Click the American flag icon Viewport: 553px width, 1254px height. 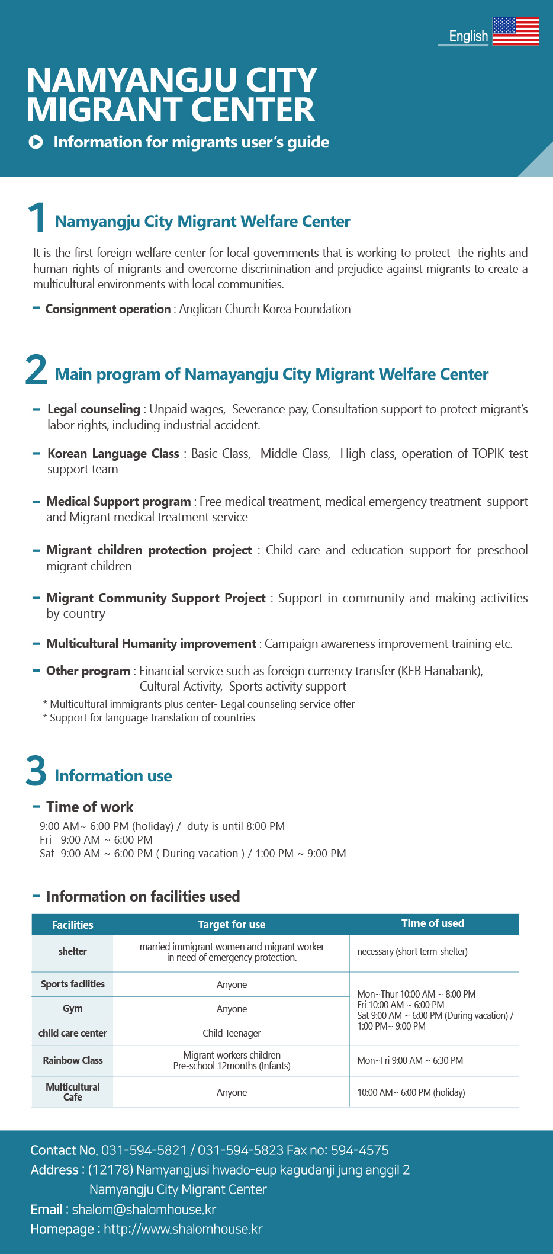pyautogui.click(x=515, y=31)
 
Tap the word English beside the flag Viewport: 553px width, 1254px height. pyautogui.click(x=468, y=36)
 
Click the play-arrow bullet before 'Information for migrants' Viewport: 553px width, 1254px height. pyautogui.click(x=36, y=142)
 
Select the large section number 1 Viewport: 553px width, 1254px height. pyautogui.click(x=37, y=217)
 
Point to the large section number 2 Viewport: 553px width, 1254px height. pyautogui.click(x=36, y=370)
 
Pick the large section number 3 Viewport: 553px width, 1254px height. pyautogui.click(x=36, y=771)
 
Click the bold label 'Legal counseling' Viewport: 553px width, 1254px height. pyautogui.click(x=94, y=409)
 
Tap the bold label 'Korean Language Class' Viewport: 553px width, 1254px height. pyautogui.click(x=113, y=454)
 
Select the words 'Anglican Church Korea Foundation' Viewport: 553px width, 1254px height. pyautogui.click(x=265, y=309)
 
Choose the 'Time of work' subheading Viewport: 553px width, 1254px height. pyautogui.click(x=90, y=807)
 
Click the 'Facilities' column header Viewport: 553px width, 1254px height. pyautogui.click(x=72, y=925)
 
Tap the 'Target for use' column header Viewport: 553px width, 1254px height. pyautogui.click(x=232, y=925)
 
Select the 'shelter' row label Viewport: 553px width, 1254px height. pyautogui.click(x=72, y=951)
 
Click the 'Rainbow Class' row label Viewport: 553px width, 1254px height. pyautogui.click(x=72, y=1060)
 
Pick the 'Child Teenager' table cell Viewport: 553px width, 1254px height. pyautogui.click(x=232, y=1033)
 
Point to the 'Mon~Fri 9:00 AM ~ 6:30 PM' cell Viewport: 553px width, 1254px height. pyautogui.click(x=410, y=1060)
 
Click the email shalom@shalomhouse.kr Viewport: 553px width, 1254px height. pyautogui.click(x=144, y=1210)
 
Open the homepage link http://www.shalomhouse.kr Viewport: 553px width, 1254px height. pyautogui.click(x=183, y=1229)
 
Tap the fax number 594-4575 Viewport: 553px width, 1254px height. pyautogui.click(x=359, y=1150)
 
